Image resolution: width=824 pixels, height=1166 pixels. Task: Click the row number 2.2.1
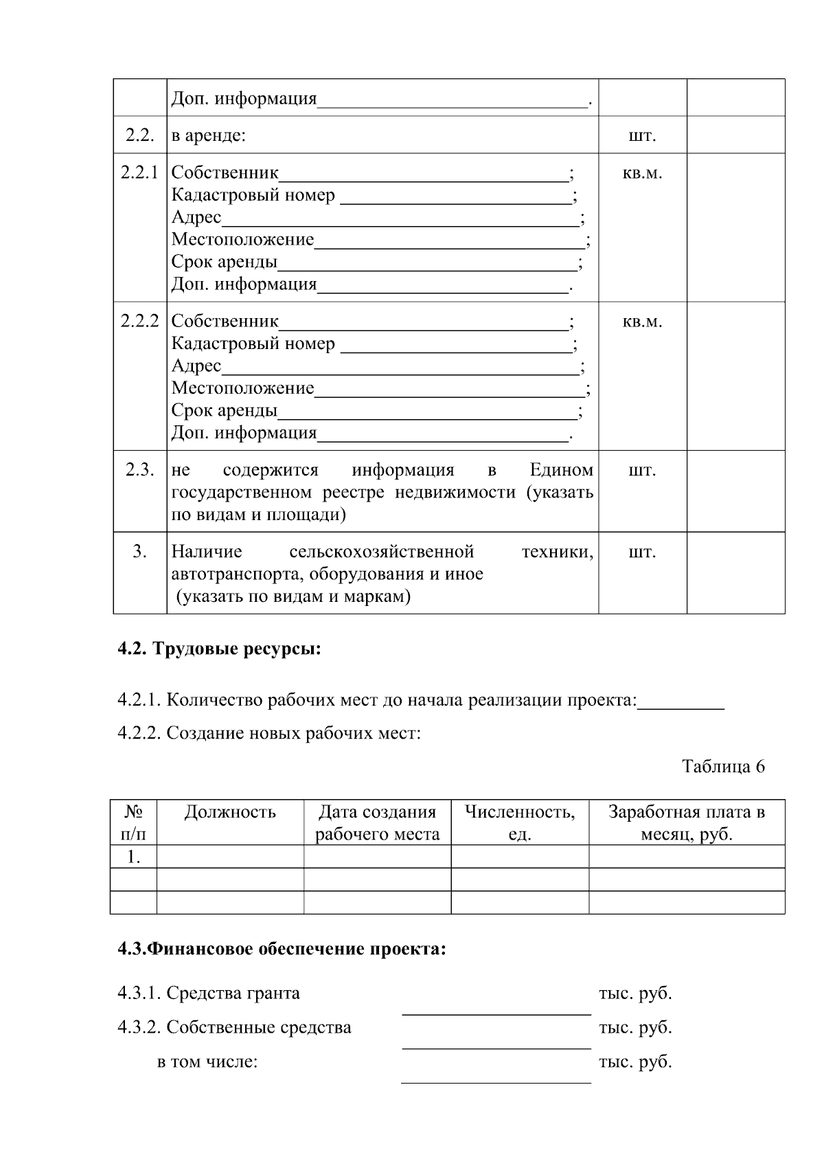pyautogui.click(x=139, y=172)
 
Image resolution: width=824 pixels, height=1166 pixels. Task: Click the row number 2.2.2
pyautogui.click(x=139, y=321)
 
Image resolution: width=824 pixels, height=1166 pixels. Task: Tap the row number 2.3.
pyautogui.click(x=139, y=470)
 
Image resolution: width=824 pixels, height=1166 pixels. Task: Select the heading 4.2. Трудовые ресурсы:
pyautogui.click(x=219, y=649)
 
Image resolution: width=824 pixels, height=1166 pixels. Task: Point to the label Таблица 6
pyautogui.click(x=723, y=766)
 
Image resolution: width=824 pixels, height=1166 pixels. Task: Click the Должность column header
pyautogui.click(x=230, y=812)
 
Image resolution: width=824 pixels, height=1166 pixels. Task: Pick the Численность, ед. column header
pyautogui.click(x=520, y=822)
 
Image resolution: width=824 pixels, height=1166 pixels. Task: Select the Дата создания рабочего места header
pyautogui.click(x=377, y=822)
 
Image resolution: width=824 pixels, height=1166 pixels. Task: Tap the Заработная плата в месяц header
pyautogui.click(x=687, y=822)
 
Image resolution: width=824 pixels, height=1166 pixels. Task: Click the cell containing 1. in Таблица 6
pyautogui.click(x=133, y=857)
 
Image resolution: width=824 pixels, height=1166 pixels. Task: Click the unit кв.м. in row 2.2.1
pyautogui.click(x=642, y=173)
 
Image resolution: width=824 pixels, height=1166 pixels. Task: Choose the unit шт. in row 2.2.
pyautogui.click(x=642, y=136)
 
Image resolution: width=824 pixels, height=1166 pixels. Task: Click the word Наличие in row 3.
pyautogui.click(x=207, y=551)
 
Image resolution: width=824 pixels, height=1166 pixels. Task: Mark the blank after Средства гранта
pyautogui.click(x=496, y=1005)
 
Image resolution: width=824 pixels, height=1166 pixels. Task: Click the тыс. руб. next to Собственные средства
pyautogui.click(x=635, y=1027)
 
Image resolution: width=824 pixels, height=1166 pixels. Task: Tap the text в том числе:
pyautogui.click(x=207, y=1062)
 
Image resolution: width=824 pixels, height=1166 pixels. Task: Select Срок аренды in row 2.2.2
pyautogui.click(x=225, y=411)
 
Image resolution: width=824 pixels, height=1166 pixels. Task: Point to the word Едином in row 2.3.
pyautogui.click(x=561, y=470)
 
